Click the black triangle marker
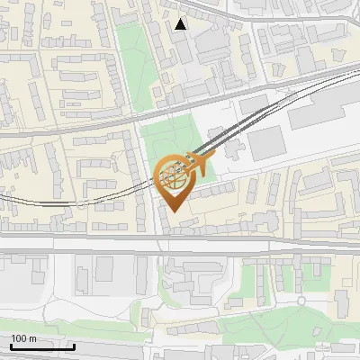click(x=181, y=24)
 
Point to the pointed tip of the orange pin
click(x=175, y=212)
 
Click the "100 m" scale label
click(x=23, y=338)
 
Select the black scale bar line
click(x=42, y=346)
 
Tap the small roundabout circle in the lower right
click(x=301, y=301)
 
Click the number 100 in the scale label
click(x=19, y=338)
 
